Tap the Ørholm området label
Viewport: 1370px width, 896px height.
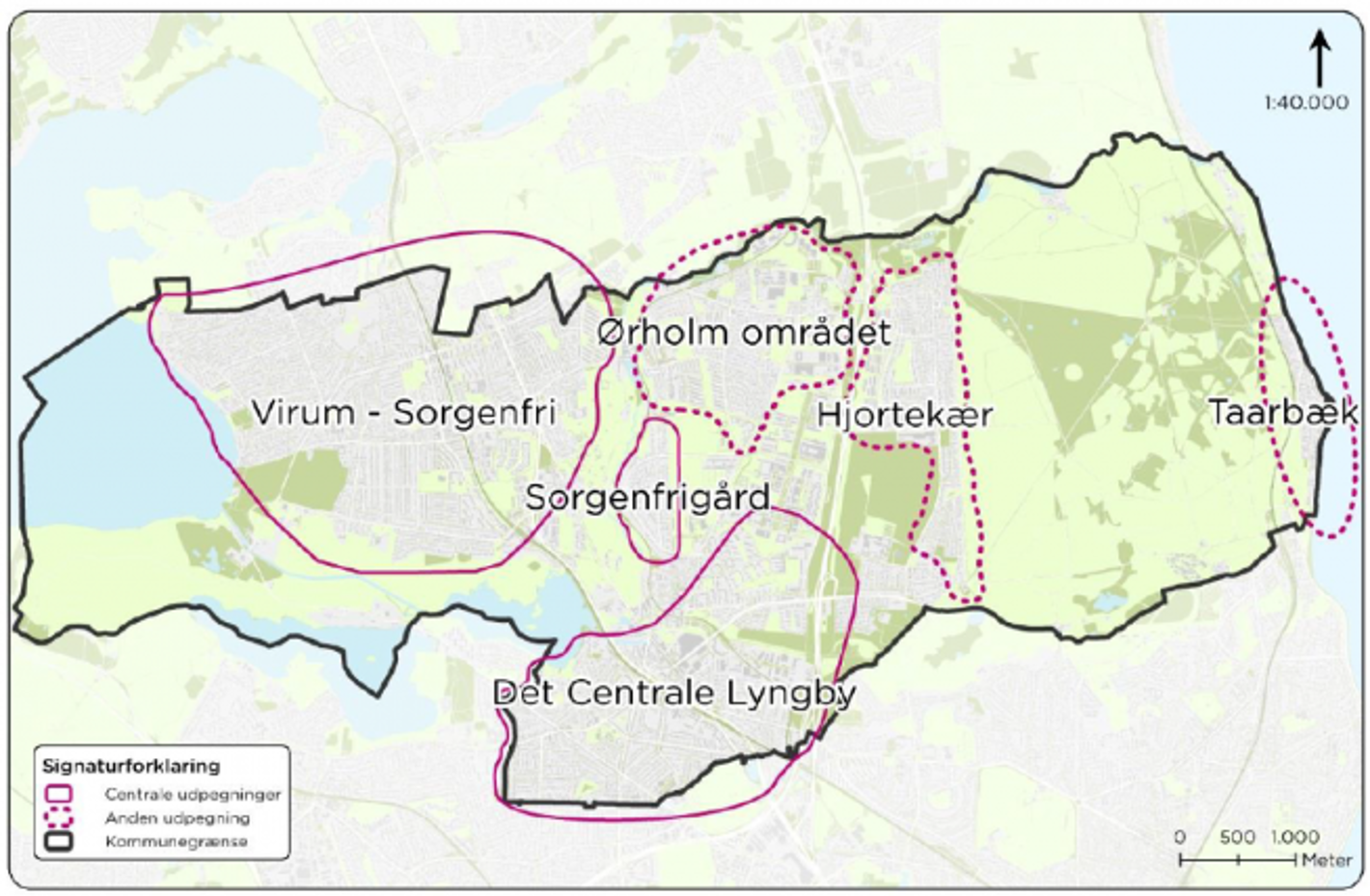pos(743,333)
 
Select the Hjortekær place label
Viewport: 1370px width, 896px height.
pos(904,416)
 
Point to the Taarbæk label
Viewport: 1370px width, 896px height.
pos(1282,413)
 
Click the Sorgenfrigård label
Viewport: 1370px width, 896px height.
pos(647,498)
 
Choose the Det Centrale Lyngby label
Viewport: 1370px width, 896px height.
pos(673,692)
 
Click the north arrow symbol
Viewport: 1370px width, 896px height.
pos(1319,58)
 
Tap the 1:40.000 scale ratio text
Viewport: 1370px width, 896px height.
pos(1306,102)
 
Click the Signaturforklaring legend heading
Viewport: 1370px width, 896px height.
pos(131,766)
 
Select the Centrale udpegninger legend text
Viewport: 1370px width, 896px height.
pos(193,795)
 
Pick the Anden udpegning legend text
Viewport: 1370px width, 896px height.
pos(178,818)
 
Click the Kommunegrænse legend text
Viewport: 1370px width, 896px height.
pos(177,841)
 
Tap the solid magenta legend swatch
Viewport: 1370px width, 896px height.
pos(59,794)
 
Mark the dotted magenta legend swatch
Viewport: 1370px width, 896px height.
pos(59,817)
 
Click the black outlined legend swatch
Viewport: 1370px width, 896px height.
pos(59,841)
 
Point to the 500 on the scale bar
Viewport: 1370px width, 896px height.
pos(1237,837)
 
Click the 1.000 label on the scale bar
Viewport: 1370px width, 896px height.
pos(1295,837)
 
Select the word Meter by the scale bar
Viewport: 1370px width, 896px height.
pos(1327,859)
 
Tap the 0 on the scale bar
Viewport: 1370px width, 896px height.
pos(1179,837)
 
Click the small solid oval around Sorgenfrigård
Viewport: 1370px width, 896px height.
pos(678,453)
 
